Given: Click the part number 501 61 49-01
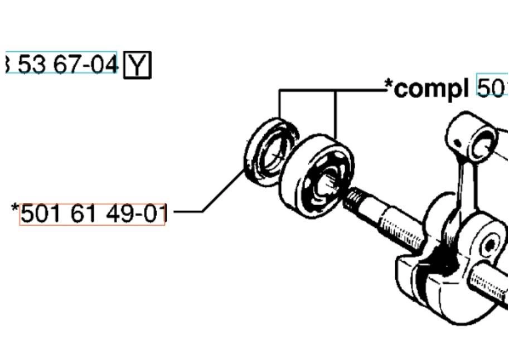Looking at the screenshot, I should tap(93, 213).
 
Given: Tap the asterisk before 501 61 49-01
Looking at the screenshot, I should tap(15, 208).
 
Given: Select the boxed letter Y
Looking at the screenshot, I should tap(137, 65).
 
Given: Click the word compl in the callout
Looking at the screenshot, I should tap(431, 88).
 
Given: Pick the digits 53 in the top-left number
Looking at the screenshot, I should tap(31, 64).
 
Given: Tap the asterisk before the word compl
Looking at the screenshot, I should tap(389, 85).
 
